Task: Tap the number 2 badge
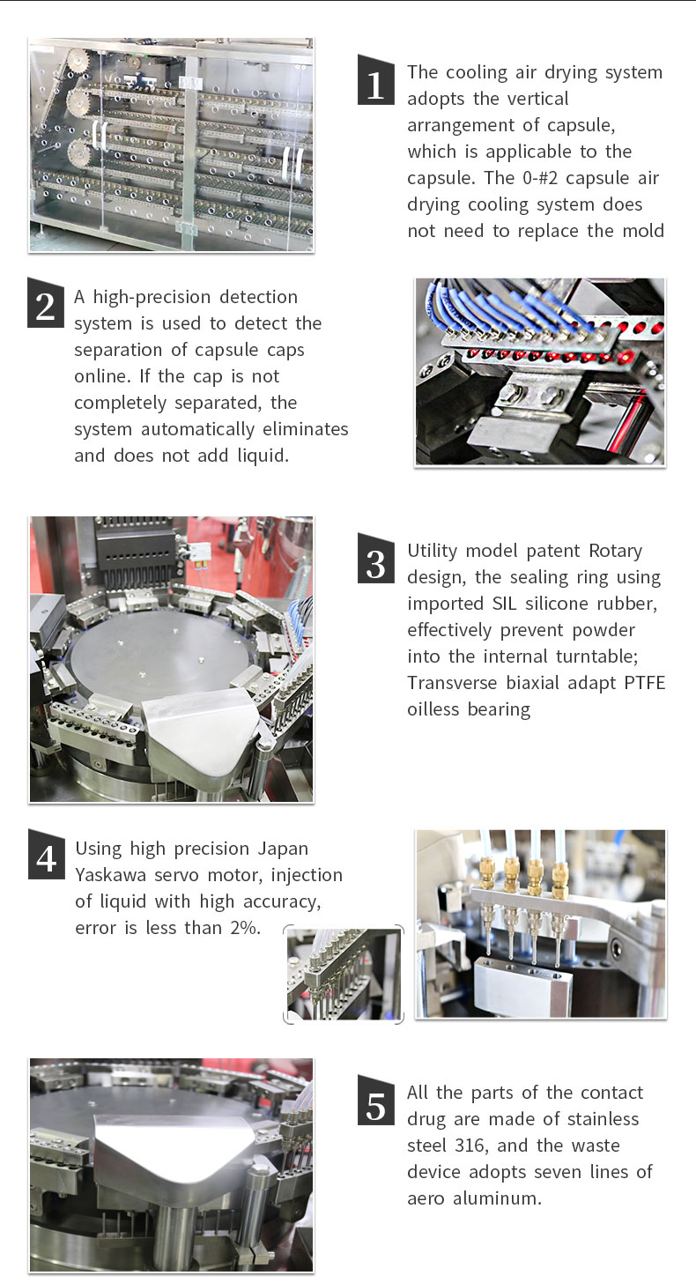coord(46,303)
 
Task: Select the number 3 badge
coord(376,559)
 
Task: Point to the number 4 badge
coord(47,854)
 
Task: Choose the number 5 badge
coord(376,1101)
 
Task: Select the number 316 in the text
coord(470,1146)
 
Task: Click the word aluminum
coord(497,1198)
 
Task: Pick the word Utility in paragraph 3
coord(433,551)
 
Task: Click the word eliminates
coord(306,429)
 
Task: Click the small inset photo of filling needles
coord(344,975)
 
